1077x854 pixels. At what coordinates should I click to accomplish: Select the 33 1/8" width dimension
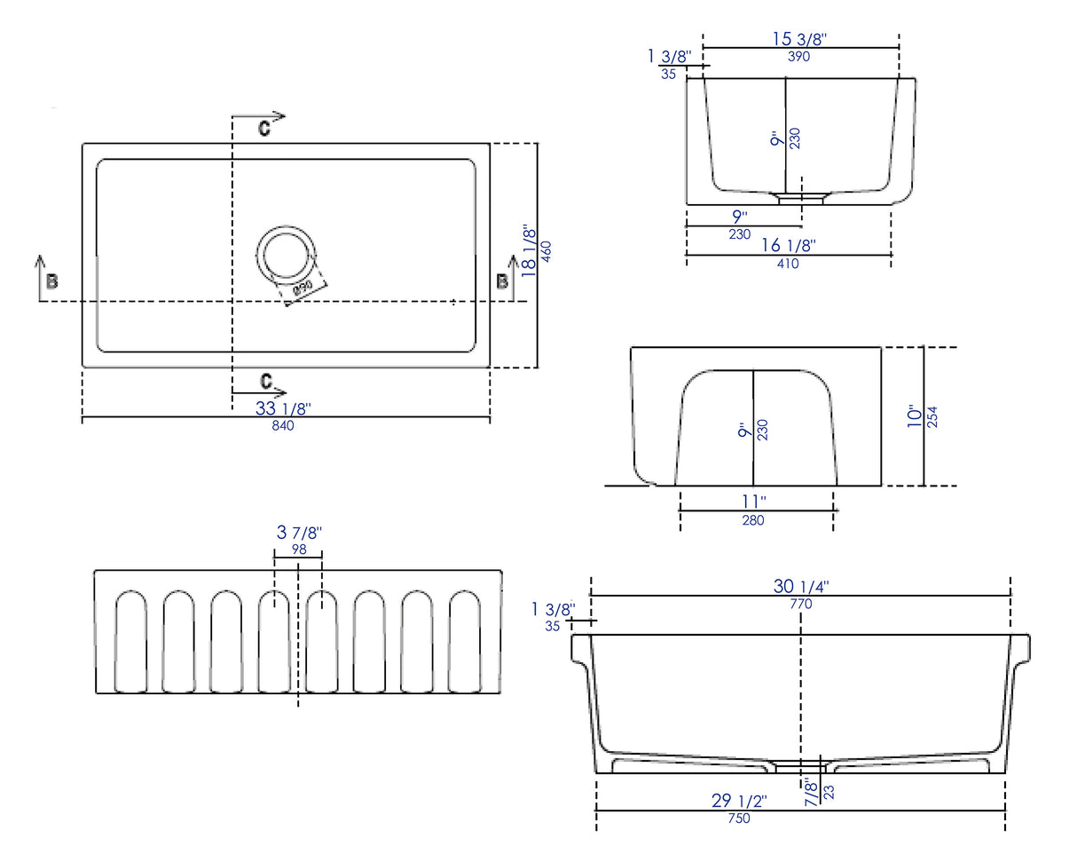(283, 408)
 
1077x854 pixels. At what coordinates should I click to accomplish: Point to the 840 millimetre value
(283, 425)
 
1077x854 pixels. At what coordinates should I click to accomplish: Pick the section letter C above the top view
(264, 129)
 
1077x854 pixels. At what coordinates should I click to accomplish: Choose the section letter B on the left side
(52, 281)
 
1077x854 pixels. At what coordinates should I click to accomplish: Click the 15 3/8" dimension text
(800, 39)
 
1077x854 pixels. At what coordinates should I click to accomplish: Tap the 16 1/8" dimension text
(788, 246)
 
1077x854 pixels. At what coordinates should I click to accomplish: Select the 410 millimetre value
(788, 264)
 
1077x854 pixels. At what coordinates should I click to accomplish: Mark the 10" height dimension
(915, 417)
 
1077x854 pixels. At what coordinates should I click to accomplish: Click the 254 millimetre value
(932, 417)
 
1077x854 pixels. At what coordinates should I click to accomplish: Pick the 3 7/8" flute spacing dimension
(299, 533)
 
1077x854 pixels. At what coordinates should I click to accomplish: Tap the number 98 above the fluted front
(299, 550)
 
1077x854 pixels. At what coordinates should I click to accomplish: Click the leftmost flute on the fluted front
(131, 641)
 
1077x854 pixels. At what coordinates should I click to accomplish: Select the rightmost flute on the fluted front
(464, 641)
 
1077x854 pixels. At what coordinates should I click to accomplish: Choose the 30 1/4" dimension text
(801, 587)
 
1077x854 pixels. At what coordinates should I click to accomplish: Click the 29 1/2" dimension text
(739, 801)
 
